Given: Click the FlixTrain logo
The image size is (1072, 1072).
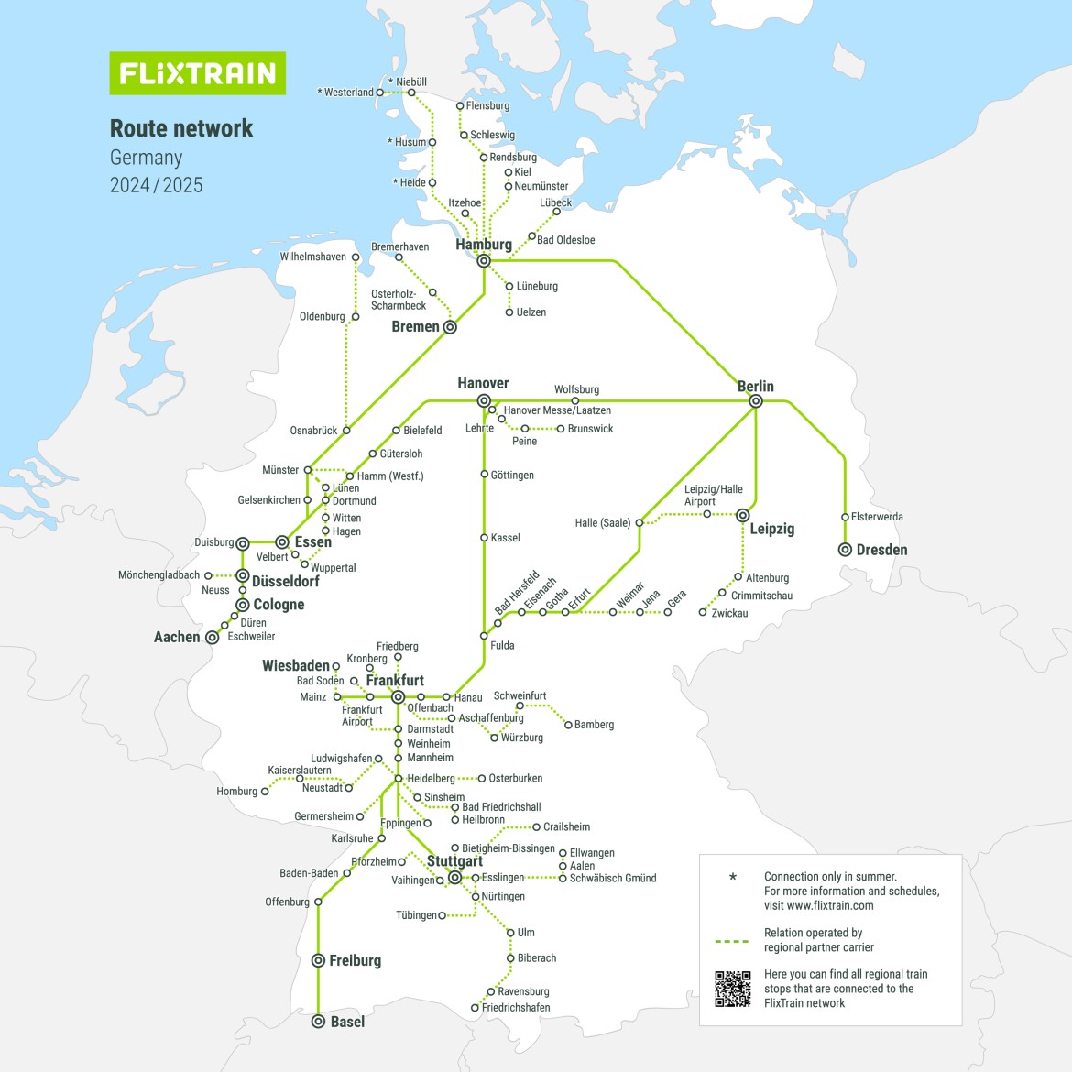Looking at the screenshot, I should (x=197, y=73).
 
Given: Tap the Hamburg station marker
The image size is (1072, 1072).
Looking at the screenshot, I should (x=484, y=261).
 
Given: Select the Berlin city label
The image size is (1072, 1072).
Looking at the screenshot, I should (x=755, y=387).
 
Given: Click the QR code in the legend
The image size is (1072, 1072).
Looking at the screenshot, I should (x=732, y=989).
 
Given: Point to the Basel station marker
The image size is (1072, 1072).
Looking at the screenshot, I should (x=318, y=1022).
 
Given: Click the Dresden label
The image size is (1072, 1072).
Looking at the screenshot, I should (x=881, y=550).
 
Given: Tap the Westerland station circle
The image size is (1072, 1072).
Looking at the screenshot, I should (x=380, y=93).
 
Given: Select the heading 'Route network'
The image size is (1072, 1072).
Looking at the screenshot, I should (x=181, y=128).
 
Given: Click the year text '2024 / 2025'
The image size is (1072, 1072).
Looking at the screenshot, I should (x=156, y=185).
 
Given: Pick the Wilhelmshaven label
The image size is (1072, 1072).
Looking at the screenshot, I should (x=313, y=257).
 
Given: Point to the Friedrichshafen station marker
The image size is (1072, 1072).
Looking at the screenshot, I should (x=475, y=1008).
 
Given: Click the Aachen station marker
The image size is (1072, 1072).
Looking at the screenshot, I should (x=213, y=638).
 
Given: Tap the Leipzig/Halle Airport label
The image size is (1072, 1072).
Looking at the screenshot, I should (x=713, y=495).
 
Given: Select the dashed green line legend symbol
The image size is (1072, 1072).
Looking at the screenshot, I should (x=732, y=941).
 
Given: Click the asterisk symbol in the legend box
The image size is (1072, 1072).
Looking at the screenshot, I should (x=732, y=878).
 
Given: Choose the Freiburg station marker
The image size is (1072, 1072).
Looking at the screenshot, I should (x=318, y=960).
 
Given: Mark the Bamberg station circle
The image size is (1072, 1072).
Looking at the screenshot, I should (x=568, y=725).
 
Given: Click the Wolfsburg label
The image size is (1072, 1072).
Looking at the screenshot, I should (x=576, y=389).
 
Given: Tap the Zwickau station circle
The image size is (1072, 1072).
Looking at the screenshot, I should (x=703, y=613).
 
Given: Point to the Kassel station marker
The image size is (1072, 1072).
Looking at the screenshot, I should (x=484, y=538).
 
